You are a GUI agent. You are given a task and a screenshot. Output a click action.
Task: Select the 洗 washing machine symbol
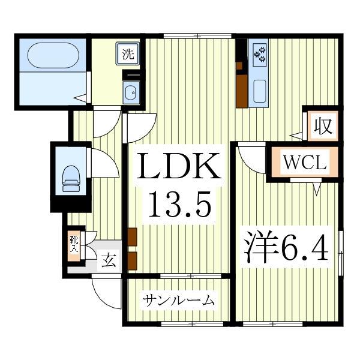(x=128, y=53)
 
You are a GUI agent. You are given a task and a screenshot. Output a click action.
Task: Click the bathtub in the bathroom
(x=53, y=56)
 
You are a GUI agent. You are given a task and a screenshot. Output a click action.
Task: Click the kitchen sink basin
(x=260, y=90)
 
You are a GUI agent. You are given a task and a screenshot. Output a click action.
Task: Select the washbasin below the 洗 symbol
(x=131, y=92)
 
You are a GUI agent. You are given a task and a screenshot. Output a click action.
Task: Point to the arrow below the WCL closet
(x=317, y=190)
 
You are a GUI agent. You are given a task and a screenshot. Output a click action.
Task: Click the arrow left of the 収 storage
(x=296, y=135)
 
